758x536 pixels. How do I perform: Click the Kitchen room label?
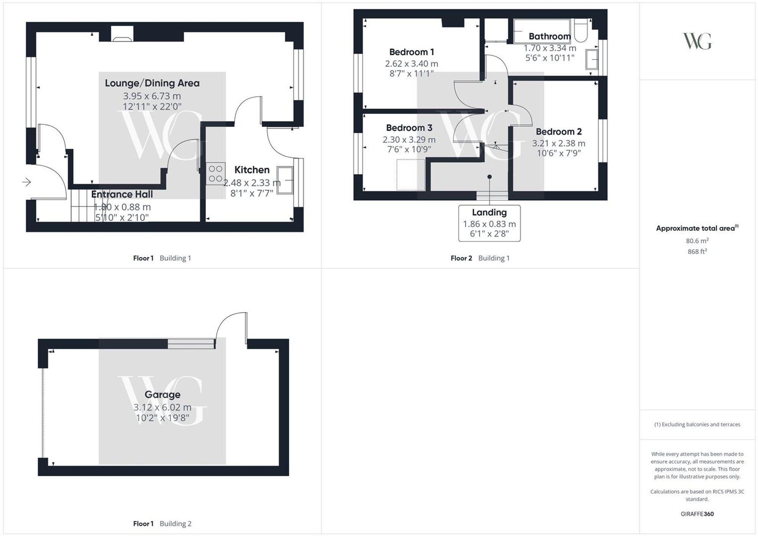(x=252, y=170)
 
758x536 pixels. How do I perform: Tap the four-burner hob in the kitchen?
(x=216, y=174)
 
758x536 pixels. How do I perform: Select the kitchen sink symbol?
(x=285, y=180)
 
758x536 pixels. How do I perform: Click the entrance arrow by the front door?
(x=27, y=182)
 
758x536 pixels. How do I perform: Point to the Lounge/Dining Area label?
(x=152, y=83)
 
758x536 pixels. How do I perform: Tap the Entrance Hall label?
(x=122, y=194)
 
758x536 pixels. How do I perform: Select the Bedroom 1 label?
(x=412, y=52)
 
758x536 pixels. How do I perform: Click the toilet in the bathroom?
(x=581, y=30)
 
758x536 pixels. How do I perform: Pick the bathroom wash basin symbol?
(x=592, y=59)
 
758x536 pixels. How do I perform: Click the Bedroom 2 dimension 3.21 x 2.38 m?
(x=559, y=143)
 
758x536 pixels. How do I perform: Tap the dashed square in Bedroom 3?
(x=411, y=175)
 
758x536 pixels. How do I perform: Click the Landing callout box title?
(x=489, y=213)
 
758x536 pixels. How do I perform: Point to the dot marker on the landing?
(x=490, y=177)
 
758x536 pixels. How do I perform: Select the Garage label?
(x=162, y=394)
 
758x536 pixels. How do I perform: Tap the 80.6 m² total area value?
(x=697, y=241)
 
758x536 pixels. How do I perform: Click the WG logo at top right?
(x=697, y=41)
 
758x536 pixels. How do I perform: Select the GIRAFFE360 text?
(x=697, y=514)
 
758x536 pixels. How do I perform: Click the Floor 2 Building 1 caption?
(x=480, y=258)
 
